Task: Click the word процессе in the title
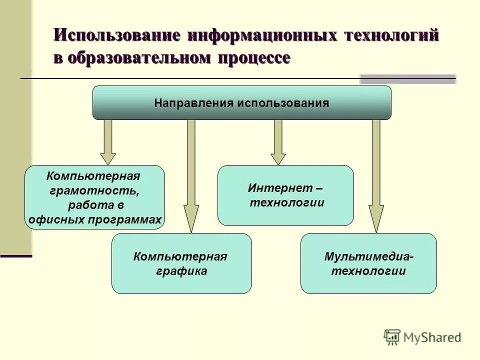tap(253, 57)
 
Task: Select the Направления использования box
tap(241, 103)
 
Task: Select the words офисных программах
tap(95, 219)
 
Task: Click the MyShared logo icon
tap(392, 337)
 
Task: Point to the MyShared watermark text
tap(432, 337)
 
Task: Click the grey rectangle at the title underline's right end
tap(408, 79)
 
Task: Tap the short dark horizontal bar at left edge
tap(16, 256)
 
